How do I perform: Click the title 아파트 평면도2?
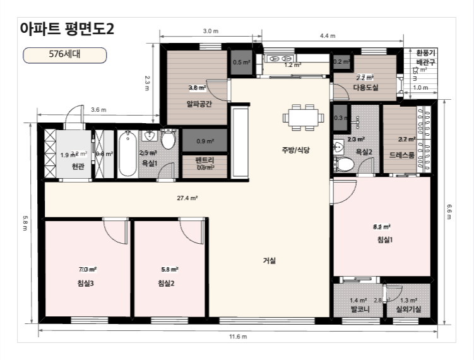pyautogui.click(x=67, y=28)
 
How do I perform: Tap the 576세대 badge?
pyautogui.click(x=64, y=55)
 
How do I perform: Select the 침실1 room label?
pyautogui.click(x=384, y=239)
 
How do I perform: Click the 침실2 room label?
pyautogui.click(x=166, y=283)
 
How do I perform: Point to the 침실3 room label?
pyautogui.click(x=86, y=283)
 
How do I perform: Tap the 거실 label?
pyautogui.click(x=270, y=260)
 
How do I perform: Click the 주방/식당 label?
pyautogui.click(x=296, y=150)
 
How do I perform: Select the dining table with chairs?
pyautogui.click(x=301, y=117)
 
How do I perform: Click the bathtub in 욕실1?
pyautogui.click(x=126, y=154)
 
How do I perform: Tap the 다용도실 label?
pyautogui.click(x=365, y=88)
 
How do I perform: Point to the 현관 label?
pyautogui.click(x=78, y=167)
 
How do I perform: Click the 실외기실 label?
pyautogui.click(x=408, y=310)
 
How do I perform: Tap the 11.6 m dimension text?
pyautogui.click(x=237, y=336)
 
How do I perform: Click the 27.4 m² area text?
pyautogui.click(x=187, y=198)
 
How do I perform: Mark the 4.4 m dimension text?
pyautogui.click(x=328, y=36)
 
